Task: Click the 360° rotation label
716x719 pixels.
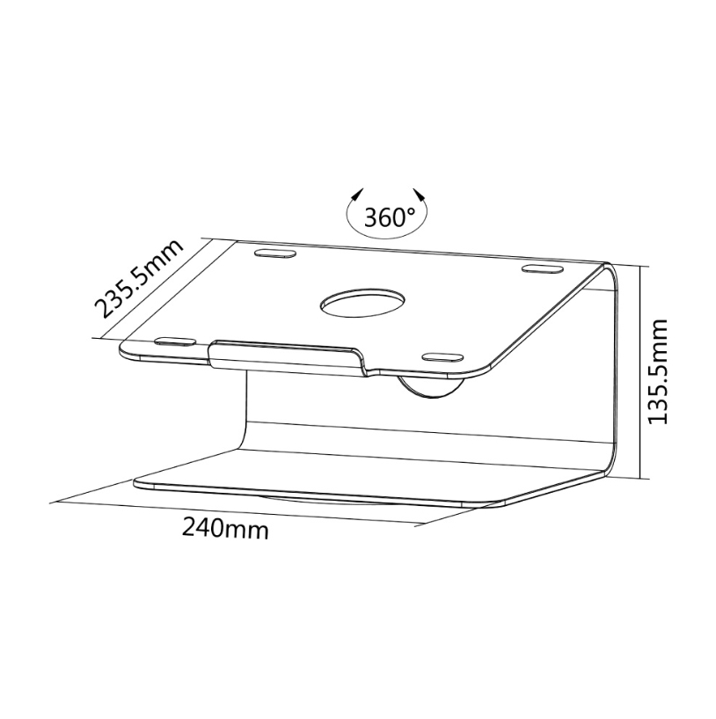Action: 389,217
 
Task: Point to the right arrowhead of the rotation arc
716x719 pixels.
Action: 420,194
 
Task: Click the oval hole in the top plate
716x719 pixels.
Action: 362,303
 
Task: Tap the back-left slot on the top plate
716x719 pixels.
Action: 274,253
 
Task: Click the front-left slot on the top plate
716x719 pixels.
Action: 176,341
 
